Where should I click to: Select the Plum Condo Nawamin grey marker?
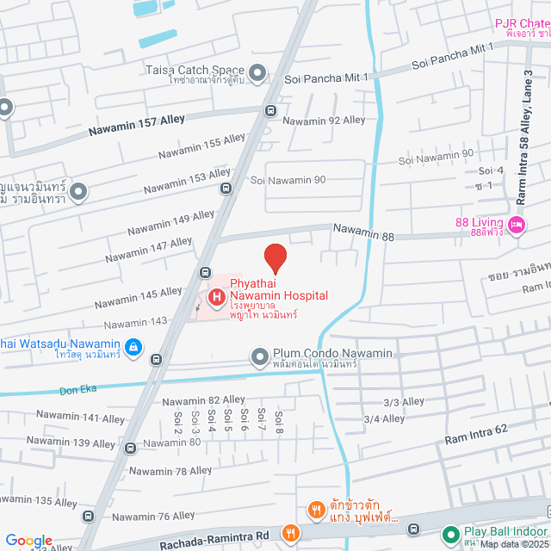coord(260,356)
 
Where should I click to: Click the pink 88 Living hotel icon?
coord(517,226)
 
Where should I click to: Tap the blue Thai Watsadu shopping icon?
coord(133,347)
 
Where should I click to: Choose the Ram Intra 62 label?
coord(477,434)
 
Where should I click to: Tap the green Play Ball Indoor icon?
coord(450,535)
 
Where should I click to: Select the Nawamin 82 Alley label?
coord(203,400)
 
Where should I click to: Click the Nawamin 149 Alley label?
coord(171,224)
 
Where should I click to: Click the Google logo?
coord(28,540)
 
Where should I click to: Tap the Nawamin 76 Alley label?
coord(153,516)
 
